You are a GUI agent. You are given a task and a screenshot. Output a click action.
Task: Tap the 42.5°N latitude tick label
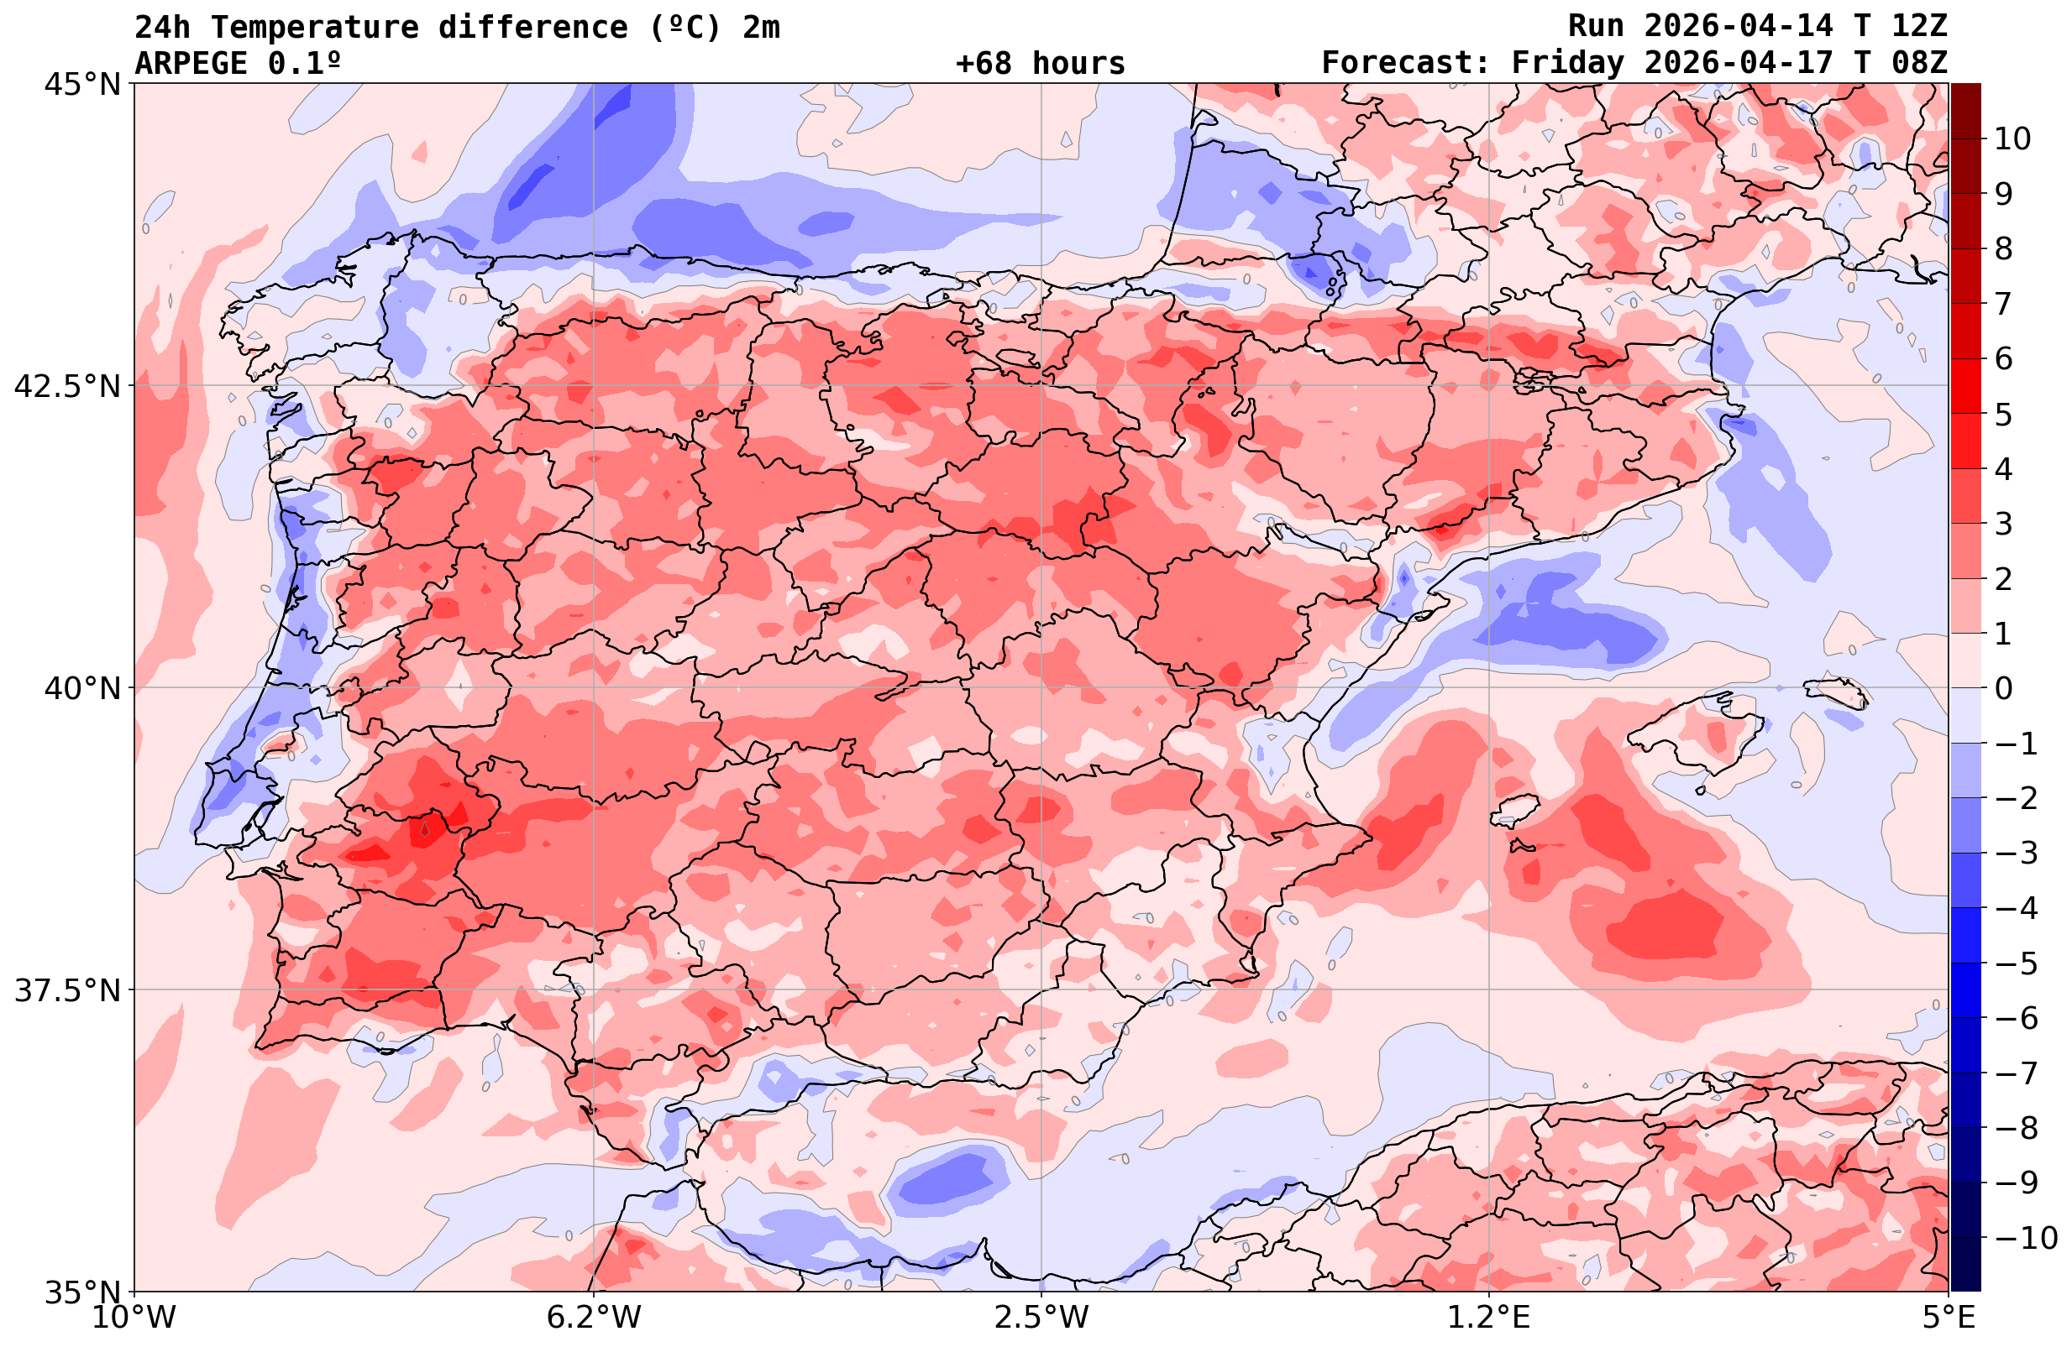(67, 386)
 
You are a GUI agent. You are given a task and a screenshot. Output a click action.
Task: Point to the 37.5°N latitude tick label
(67, 990)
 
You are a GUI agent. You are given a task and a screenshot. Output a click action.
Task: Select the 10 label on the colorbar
(2012, 138)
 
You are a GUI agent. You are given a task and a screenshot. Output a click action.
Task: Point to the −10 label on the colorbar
(2023, 1237)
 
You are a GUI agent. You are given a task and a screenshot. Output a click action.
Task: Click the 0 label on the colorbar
(2003, 688)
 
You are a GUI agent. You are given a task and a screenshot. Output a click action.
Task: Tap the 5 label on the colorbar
(2003, 415)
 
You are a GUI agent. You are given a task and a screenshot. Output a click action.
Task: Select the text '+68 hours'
(1041, 64)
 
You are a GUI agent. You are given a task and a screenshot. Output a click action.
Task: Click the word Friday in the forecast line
(1567, 64)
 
